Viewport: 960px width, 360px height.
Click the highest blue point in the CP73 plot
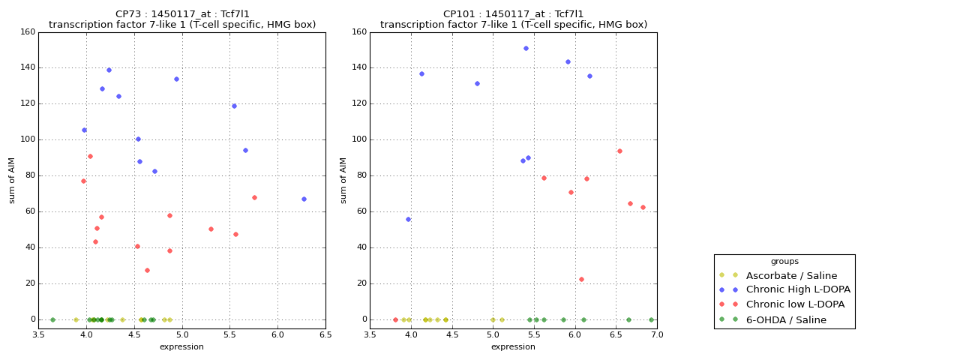pos(109,70)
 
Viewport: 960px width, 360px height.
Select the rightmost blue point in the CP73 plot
pos(304,199)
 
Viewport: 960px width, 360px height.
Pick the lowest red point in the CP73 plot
pos(147,270)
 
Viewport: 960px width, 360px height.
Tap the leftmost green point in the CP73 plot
pos(52,319)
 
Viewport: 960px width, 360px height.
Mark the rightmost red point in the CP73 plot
pos(254,197)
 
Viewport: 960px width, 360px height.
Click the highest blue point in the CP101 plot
pos(526,48)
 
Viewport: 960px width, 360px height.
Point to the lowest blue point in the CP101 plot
pos(408,219)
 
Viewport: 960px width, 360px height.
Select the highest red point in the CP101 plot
pos(619,151)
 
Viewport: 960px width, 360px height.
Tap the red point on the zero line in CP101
pos(395,319)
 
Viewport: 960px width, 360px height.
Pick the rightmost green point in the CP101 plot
pos(651,319)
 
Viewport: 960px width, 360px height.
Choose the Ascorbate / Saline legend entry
pos(791,275)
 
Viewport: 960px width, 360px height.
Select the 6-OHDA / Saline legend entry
pos(786,319)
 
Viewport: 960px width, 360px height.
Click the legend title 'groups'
pos(784,262)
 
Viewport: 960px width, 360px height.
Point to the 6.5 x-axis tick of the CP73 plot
pos(325,335)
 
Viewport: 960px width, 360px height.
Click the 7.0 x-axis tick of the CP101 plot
pos(657,335)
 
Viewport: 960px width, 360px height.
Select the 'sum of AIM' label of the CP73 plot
pos(12,180)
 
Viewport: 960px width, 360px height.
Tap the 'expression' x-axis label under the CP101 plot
pos(513,346)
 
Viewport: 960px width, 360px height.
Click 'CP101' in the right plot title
pos(457,14)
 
